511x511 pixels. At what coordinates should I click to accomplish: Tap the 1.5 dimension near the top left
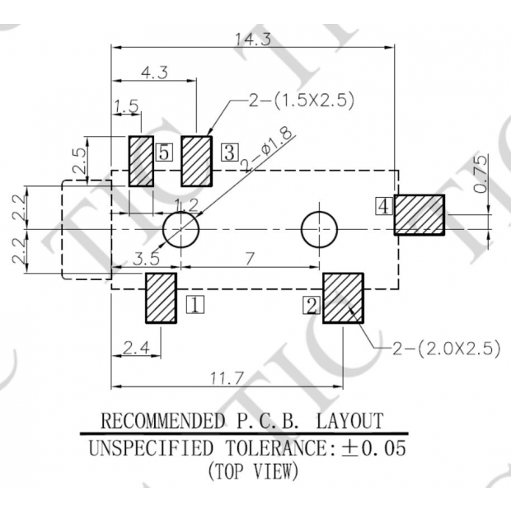(126, 105)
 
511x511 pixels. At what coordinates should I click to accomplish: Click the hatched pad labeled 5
(141, 161)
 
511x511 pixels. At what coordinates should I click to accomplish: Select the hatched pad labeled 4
(419, 214)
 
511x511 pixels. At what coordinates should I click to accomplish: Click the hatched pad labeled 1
(161, 298)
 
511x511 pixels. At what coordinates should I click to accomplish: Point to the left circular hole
(180, 229)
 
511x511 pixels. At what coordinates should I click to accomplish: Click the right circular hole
(319, 229)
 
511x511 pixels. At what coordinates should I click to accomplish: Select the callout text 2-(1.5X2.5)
(301, 101)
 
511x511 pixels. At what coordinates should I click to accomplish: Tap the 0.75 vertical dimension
(481, 174)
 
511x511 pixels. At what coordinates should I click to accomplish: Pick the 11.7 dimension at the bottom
(227, 378)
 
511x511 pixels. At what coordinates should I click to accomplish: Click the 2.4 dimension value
(136, 348)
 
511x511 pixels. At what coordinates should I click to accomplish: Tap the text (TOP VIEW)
(253, 473)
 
